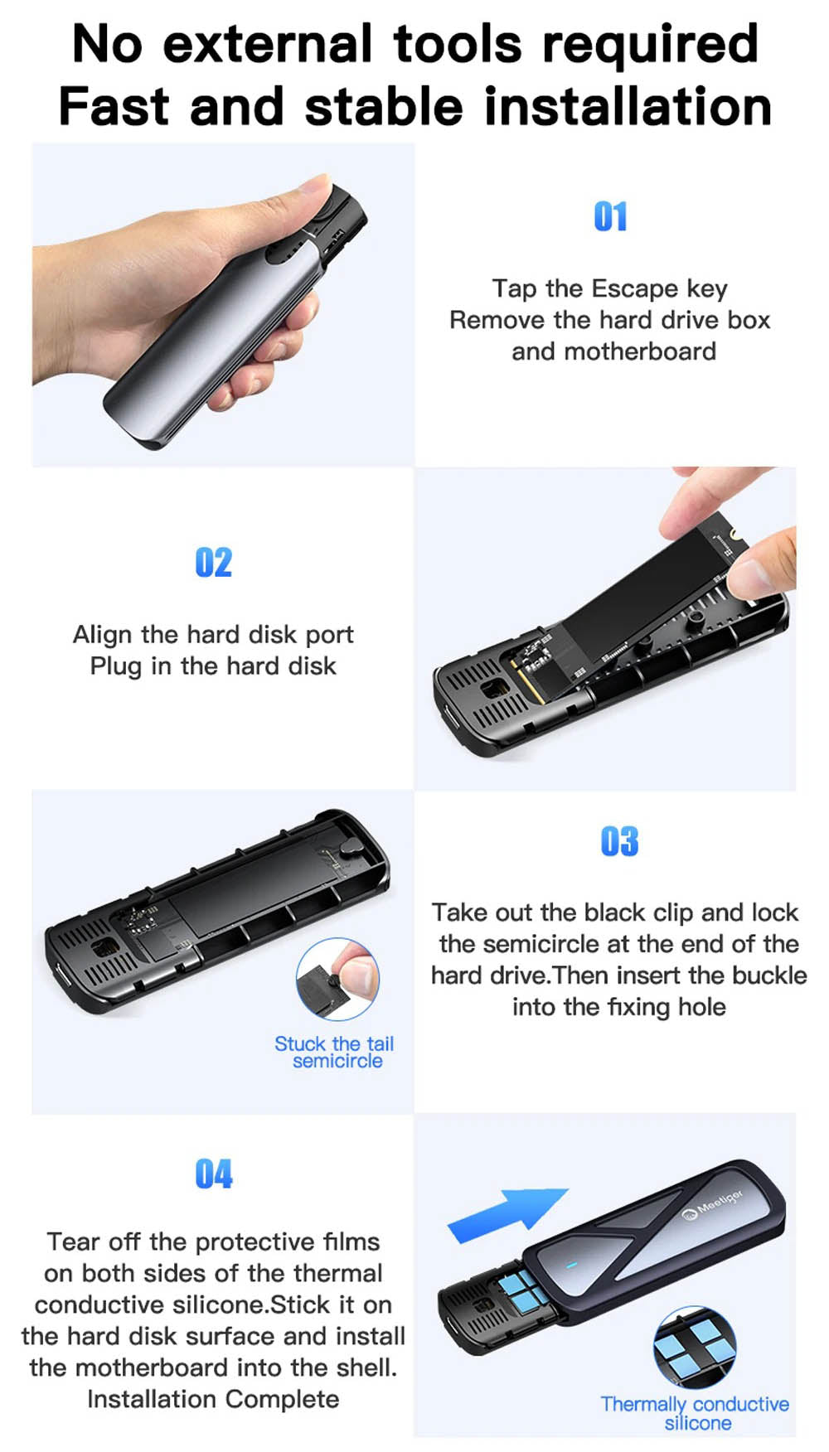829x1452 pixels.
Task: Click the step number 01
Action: (x=610, y=216)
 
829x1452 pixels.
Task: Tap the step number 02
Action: (x=213, y=562)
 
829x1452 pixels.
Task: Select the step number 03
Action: (x=619, y=841)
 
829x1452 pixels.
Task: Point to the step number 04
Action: (x=213, y=1174)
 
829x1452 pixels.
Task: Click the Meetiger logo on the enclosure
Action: (x=712, y=1206)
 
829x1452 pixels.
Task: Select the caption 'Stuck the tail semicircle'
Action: (x=335, y=1053)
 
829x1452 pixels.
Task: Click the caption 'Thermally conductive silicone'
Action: (x=695, y=1413)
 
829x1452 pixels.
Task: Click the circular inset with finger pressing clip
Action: (x=337, y=979)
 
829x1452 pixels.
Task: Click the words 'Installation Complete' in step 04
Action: (x=213, y=1399)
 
